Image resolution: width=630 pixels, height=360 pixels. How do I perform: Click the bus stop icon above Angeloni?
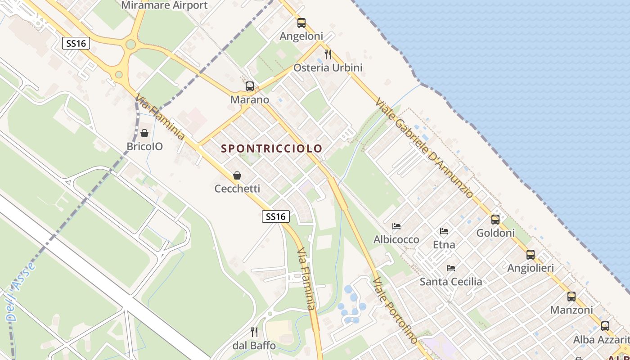click(x=301, y=23)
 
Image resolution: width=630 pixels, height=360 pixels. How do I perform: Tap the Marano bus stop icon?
click(x=249, y=86)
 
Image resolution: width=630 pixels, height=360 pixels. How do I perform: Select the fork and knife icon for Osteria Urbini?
click(x=328, y=54)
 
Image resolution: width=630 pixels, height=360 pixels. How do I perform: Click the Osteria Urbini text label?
click(x=328, y=68)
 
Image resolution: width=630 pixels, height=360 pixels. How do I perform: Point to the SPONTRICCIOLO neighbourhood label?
click(x=272, y=148)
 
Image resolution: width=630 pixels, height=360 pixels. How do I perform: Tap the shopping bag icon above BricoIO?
click(x=144, y=133)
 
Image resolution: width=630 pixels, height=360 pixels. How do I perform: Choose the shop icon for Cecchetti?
click(x=237, y=175)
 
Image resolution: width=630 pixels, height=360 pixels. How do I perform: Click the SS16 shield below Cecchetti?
click(x=275, y=216)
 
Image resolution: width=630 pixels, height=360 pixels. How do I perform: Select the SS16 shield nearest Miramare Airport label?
click(x=76, y=43)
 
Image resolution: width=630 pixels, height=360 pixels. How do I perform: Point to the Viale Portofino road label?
click(x=395, y=310)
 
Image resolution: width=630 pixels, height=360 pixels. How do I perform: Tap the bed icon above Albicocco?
click(x=396, y=226)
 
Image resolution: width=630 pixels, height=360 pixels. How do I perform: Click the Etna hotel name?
click(x=444, y=245)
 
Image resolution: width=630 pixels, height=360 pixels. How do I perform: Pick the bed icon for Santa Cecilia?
click(x=451, y=268)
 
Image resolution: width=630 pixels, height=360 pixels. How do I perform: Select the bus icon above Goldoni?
click(x=495, y=220)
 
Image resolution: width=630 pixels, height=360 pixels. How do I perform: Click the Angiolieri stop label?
click(x=531, y=268)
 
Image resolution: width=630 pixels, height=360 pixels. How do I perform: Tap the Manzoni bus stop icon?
click(x=571, y=297)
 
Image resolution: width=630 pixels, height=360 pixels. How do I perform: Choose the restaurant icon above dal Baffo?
click(x=254, y=332)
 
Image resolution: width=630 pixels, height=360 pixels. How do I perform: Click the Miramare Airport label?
click(x=164, y=5)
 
